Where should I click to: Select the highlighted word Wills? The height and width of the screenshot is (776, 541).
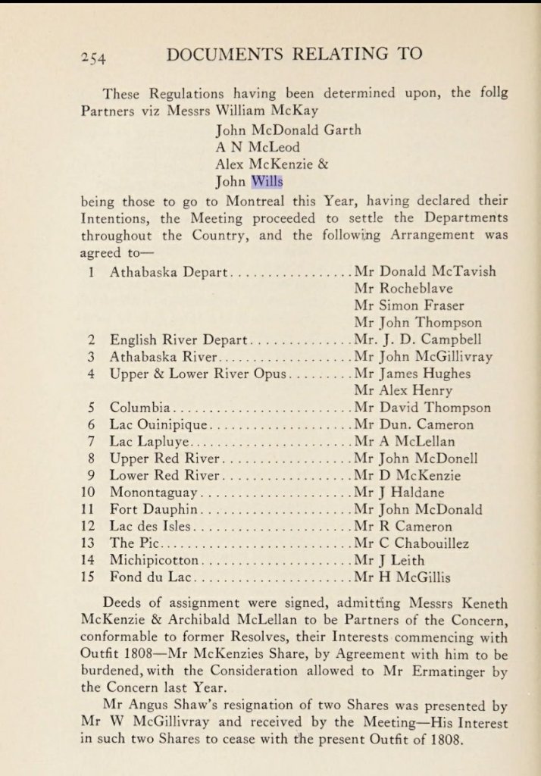point(266,180)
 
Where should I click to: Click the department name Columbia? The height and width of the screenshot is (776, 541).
point(141,407)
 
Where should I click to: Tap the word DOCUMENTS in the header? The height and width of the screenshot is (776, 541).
point(239,55)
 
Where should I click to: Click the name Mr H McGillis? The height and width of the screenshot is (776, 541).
point(402,577)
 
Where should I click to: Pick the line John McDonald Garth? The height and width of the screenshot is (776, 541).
point(288,130)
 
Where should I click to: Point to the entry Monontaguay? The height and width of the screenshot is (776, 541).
point(155,492)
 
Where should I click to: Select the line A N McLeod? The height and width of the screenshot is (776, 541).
point(258,146)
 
